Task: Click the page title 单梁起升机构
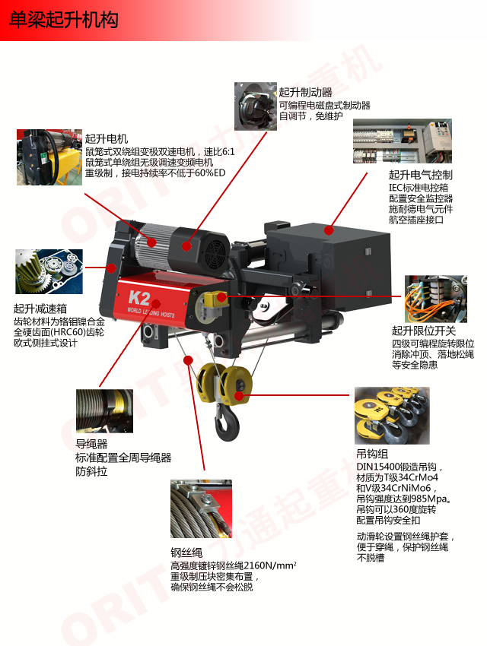tap(63, 19)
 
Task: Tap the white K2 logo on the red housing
tap(139, 297)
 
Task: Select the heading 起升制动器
tap(306, 92)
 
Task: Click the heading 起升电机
tap(107, 138)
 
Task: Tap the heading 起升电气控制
tap(421, 175)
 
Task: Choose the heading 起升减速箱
tap(40, 308)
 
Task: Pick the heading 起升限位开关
tap(424, 331)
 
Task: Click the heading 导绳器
tap(91, 444)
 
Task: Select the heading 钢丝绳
tap(186, 552)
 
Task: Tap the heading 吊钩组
tap(372, 454)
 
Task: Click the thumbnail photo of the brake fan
tap(256, 106)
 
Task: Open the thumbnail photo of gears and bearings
tap(49, 271)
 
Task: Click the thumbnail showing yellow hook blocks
tap(392, 415)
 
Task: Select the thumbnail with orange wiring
tap(436, 299)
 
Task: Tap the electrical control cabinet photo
tap(403, 141)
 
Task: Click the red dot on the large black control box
tap(329, 230)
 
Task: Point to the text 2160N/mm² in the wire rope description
tap(270, 565)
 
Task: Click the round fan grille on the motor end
tap(217, 248)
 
